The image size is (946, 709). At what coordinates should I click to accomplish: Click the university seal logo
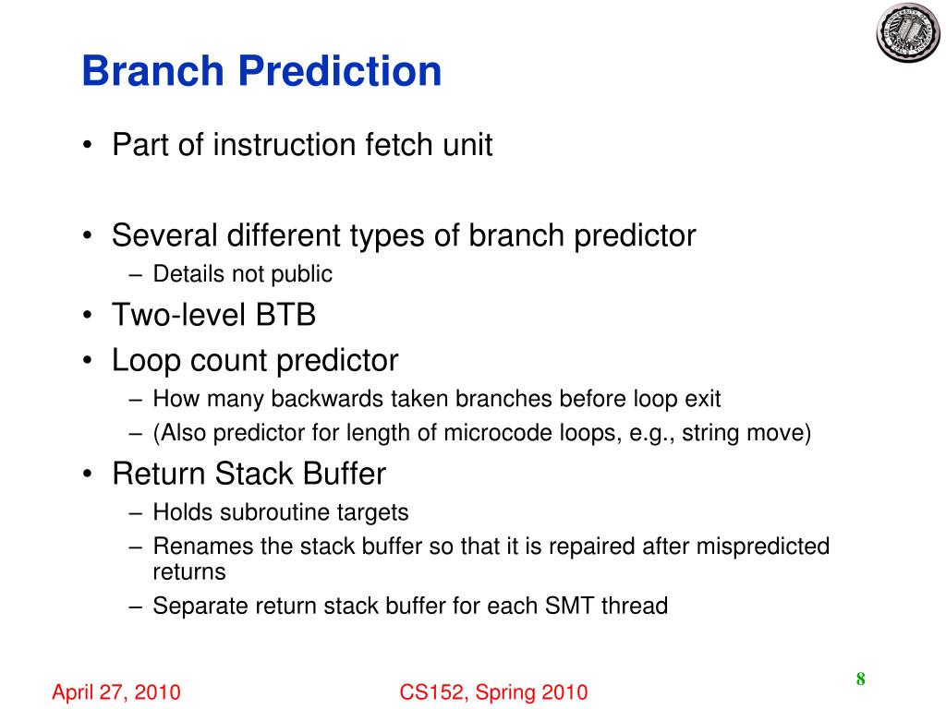coord(908,32)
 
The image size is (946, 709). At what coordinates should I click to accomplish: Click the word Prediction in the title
coord(340,70)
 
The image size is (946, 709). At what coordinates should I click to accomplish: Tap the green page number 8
coord(860,679)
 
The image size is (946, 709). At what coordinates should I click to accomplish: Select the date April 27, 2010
coord(116,692)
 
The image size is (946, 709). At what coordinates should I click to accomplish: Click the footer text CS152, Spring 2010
coord(493,692)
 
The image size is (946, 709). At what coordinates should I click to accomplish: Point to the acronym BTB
coord(285,315)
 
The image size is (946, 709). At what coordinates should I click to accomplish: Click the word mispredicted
coord(763,547)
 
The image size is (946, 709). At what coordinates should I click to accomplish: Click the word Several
coord(164,235)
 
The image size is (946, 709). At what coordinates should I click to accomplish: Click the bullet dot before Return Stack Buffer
coord(88,474)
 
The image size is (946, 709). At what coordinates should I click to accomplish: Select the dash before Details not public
coord(136,275)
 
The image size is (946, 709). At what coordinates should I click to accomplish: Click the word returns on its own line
coord(189,572)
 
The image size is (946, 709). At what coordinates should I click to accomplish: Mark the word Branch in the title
coord(153,70)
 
